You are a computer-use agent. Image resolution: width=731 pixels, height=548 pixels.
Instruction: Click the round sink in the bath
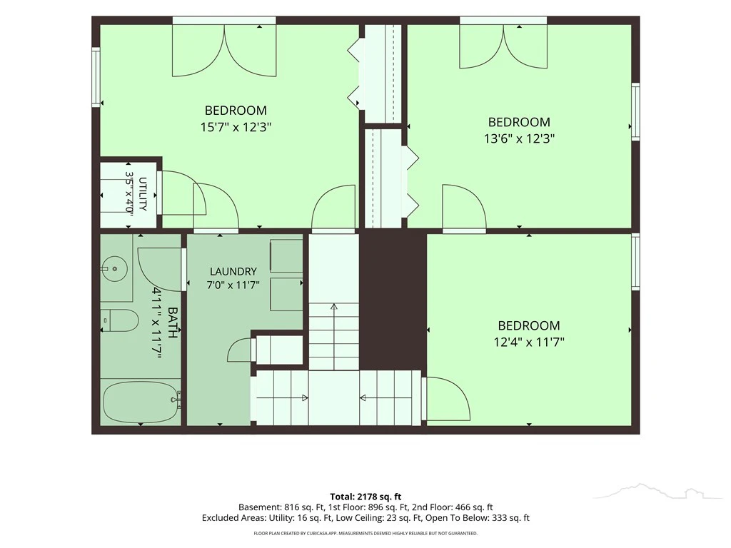pyautogui.click(x=114, y=269)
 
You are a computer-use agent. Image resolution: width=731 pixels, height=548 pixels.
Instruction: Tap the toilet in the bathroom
pyautogui.click(x=120, y=320)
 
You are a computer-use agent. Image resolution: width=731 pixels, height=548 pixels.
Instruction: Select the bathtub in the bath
pyautogui.click(x=141, y=402)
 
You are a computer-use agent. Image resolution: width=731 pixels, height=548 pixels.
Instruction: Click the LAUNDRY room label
pyautogui.click(x=233, y=271)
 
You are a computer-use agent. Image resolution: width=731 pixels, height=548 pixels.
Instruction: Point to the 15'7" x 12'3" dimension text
pyautogui.click(x=236, y=127)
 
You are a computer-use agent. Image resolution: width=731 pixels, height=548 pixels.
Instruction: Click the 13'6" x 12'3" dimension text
pyautogui.click(x=520, y=138)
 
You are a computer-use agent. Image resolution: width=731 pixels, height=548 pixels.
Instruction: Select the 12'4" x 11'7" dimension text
pyautogui.click(x=529, y=342)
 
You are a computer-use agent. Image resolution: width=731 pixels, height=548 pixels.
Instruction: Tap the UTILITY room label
pyautogui.click(x=143, y=194)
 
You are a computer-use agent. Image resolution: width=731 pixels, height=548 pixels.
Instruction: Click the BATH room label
pyautogui.click(x=172, y=323)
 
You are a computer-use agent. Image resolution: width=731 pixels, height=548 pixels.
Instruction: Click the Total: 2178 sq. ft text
pyautogui.click(x=365, y=497)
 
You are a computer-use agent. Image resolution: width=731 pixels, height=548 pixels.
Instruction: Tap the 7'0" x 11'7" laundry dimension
pyautogui.click(x=233, y=285)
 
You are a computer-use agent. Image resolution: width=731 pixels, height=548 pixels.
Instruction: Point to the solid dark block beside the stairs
pyautogui.click(x=393, y=300)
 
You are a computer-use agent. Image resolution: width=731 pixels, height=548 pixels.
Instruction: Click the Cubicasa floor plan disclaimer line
pyautogui.click(x=365, y=533)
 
